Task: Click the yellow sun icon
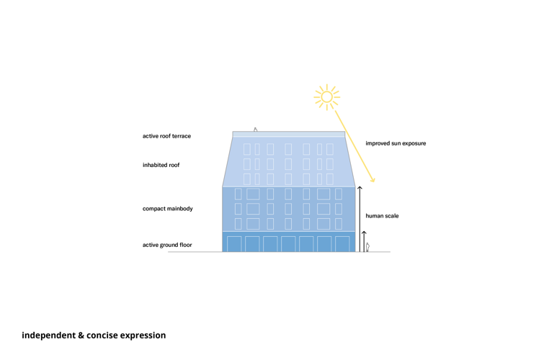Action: click(326, 96)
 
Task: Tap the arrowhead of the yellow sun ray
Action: click(373, 181)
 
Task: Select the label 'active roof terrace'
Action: click(166, 136)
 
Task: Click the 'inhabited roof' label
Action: click(161, 165)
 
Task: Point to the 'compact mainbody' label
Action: click(167, 209)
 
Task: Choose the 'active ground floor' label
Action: click(167, 245)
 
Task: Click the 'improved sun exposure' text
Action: click(396, 143)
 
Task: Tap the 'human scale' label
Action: click(382, 216)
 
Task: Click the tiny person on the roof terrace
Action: click(255, 130)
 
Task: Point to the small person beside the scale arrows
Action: click(367, 247)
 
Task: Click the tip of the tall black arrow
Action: click(360, 188)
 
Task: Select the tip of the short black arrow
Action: click(364, 232)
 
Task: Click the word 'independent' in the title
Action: click(48, 336)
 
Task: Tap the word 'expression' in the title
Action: click(143, 336)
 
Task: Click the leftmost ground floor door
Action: click(234, 244)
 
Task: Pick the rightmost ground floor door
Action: click(342, 244)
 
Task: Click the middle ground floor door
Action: click(288, 244)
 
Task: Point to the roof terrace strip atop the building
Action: click(288, 135)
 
